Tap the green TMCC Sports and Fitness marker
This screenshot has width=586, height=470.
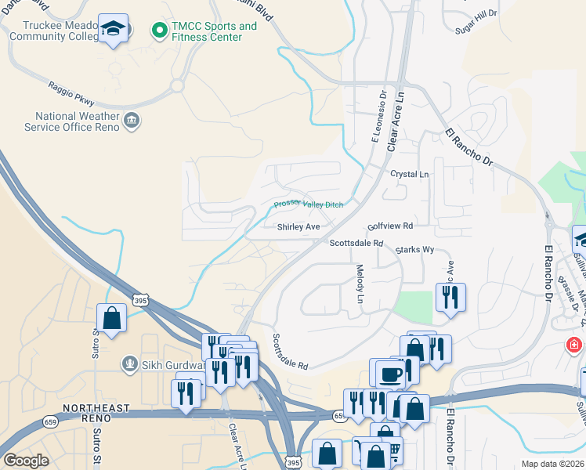159,31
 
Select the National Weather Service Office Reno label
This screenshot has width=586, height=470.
71,121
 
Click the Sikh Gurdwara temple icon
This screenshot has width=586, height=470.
129,363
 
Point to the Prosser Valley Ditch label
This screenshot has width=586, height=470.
309,204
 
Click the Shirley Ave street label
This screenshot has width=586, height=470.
298,227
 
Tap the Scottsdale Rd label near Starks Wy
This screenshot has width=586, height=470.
356,243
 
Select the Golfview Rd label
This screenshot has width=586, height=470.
390,226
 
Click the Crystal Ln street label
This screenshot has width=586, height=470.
410,174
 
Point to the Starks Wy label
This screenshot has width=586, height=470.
414,249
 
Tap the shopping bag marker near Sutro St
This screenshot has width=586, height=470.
111,318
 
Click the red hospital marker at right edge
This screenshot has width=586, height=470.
575,345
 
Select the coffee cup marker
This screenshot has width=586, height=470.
389,374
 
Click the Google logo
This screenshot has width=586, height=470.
26,461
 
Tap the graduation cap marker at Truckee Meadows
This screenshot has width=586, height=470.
114,28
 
